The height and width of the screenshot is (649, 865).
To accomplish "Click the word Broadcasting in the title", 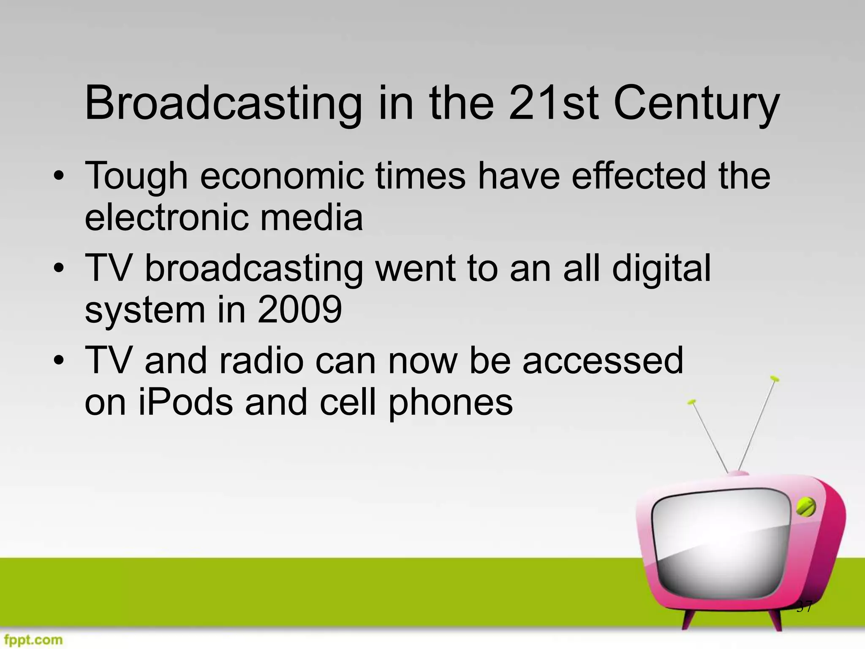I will click(223, 104).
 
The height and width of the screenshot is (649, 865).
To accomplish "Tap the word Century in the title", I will click(696, 104).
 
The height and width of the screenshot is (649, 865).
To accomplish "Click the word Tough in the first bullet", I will click(136, 177).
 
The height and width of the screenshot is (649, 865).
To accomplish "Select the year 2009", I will click(299, 310).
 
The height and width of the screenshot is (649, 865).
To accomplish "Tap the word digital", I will click(661, 269).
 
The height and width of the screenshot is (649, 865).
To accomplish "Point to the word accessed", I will click(603, 360).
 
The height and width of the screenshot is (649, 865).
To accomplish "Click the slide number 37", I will click(804, 607).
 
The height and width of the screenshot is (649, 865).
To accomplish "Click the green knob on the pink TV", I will click(805, 507).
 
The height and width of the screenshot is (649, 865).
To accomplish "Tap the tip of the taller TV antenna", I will click(775, 379).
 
